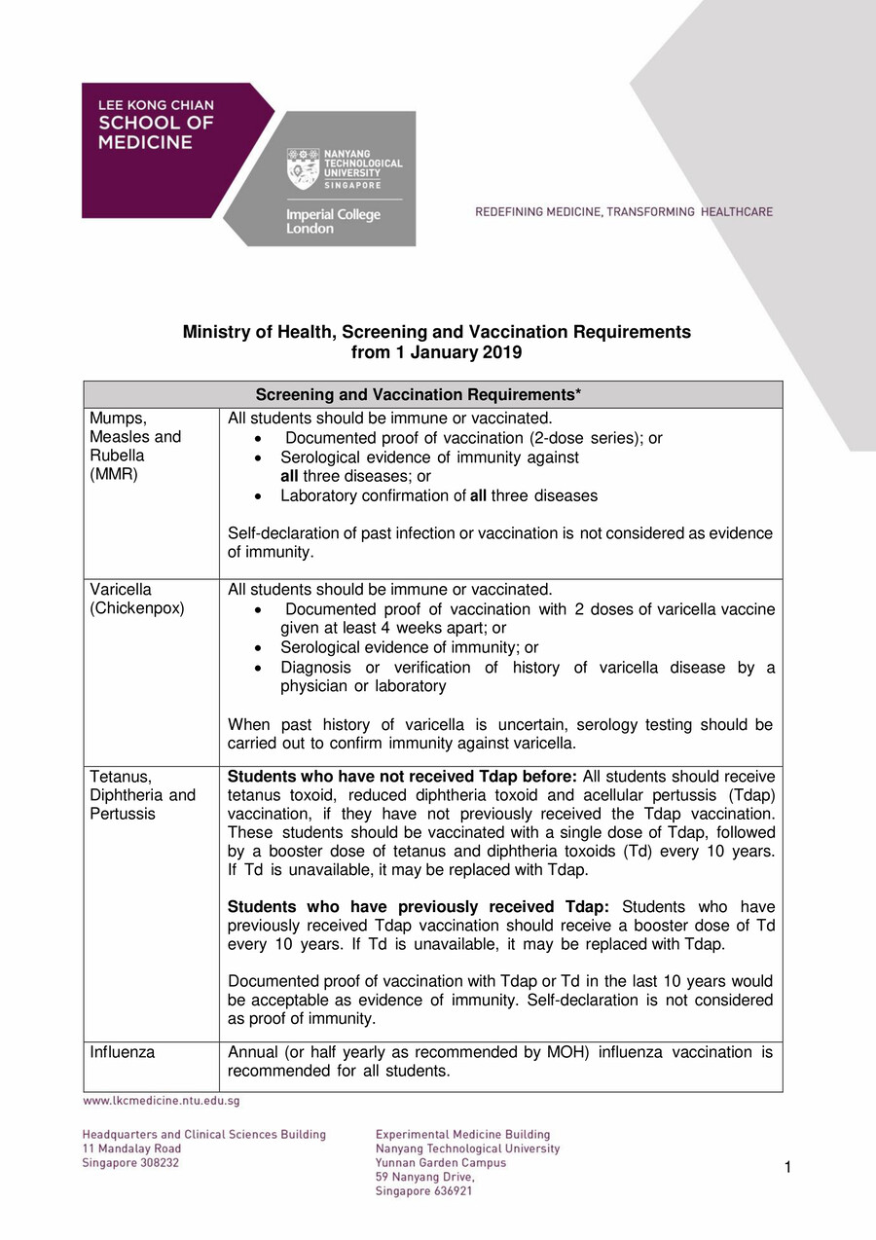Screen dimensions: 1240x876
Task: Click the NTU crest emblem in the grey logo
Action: tap(303, 168)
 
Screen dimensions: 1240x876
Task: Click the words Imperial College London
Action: tap(323, 221)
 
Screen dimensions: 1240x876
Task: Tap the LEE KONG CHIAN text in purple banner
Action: tap(156, 105)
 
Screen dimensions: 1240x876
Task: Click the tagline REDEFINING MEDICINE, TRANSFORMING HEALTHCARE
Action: tap(624, 211)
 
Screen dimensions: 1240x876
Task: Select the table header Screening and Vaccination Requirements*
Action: tap(419, 394)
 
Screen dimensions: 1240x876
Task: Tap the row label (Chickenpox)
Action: tap(137, 608)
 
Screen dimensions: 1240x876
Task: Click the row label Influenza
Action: tap(122, 1052)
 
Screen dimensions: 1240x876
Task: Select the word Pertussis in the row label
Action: tap(123, 814)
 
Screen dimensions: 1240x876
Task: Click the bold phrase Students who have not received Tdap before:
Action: tap(402, 777)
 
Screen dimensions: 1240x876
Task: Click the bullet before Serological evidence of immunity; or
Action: tap(257, 648)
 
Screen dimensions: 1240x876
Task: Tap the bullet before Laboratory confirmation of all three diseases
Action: tap(257, 496)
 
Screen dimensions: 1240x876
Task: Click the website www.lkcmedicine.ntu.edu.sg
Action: tap(161, 1101)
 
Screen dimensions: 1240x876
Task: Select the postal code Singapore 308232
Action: tap(130, 1162)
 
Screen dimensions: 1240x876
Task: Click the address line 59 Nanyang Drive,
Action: tap(424, 1177)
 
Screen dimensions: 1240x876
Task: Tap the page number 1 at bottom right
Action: tap(786, 1167)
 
